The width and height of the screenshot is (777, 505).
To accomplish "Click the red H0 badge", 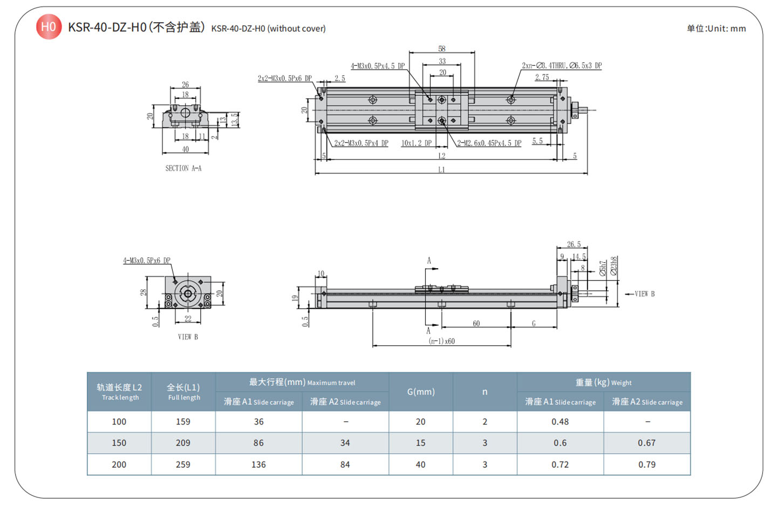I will click(x=49, y=26).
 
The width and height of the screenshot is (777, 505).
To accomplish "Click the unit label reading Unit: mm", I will click(x=716, y=29).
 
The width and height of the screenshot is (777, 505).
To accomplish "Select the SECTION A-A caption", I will click(x=183, y=168).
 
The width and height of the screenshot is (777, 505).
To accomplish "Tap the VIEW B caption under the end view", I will click(x=188, y=337).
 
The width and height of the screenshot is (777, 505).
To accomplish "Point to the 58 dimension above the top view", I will click(x=442, y=49).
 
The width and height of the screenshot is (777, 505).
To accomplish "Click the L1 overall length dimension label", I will click(x=441, y=170).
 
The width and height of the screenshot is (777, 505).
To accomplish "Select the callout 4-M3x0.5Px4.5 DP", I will click(x=378, y=66).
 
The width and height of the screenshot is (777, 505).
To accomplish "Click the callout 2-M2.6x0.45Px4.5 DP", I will click(x=489, y=144).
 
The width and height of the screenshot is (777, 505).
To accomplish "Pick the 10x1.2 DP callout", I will click(x=416, y=144).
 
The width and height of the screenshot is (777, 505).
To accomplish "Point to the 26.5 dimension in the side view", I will click(x=574, y=244).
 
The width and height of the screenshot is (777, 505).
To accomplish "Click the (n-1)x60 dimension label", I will click(x=441, y=341).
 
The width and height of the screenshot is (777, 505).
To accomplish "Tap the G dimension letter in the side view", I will click(x=534, y=324).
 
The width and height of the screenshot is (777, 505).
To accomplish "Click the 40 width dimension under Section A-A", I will click(x=185, y=149).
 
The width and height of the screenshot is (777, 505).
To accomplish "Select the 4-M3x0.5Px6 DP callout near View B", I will click(x=147, y=261).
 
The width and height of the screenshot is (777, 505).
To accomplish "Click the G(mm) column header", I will click(x=421, y=392).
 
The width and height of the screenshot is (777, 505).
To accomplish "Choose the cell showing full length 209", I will click(x=183, y=443).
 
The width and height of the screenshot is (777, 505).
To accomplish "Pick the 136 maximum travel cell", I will click(x=258, y=465).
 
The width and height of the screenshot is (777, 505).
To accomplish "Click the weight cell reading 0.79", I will click(x=646, y=465).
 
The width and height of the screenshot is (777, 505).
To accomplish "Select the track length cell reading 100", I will click(x=119, y=422).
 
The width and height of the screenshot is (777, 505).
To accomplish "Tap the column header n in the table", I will click(x=485, y=392).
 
